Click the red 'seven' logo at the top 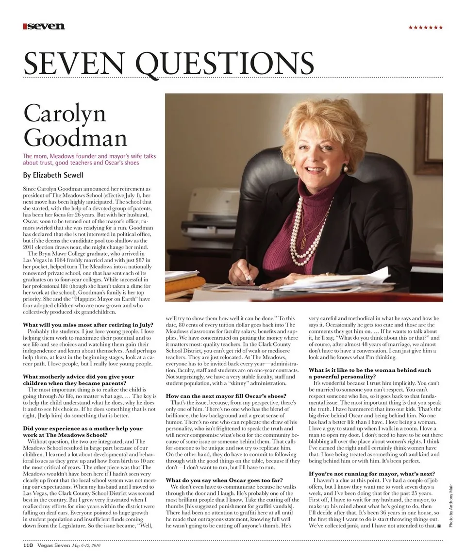(44, 26)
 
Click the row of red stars (425, 28)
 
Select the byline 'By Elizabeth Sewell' (54, 175)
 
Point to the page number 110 (28, 545)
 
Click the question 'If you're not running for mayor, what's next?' (372, 473)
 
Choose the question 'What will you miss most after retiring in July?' (88, 324)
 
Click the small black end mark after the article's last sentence (439, 526)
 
